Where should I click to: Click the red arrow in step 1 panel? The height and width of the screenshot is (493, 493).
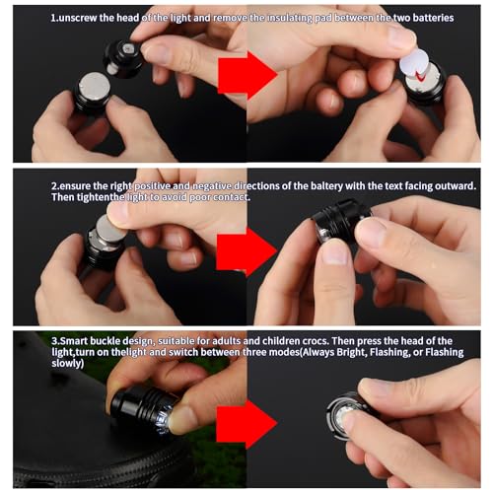pyautogui.click(x=247, y=75)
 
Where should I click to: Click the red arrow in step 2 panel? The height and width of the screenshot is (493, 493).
pyautogui.click(x=246, y=251)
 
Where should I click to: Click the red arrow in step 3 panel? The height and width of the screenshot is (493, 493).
pyautogui.click(x=246, y=424)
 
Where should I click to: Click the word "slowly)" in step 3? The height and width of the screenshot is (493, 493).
pyautogui.click(x=67, y=363)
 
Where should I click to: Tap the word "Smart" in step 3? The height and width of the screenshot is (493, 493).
pyautogui.click(x=73, y=341)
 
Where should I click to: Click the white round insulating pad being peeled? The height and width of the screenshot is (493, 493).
pyautogui.click(x=414, y=62)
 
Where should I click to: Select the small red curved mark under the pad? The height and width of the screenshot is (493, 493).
pyautogui.click(x=419, y=76)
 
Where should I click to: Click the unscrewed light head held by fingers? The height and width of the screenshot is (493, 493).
pyautogui.click(x=124, y=58)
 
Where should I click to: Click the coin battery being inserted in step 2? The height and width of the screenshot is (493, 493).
pyautogui.click(x=110, y=228)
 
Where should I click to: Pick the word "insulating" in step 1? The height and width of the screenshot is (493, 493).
pyautogui.click(x=289, y=18)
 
